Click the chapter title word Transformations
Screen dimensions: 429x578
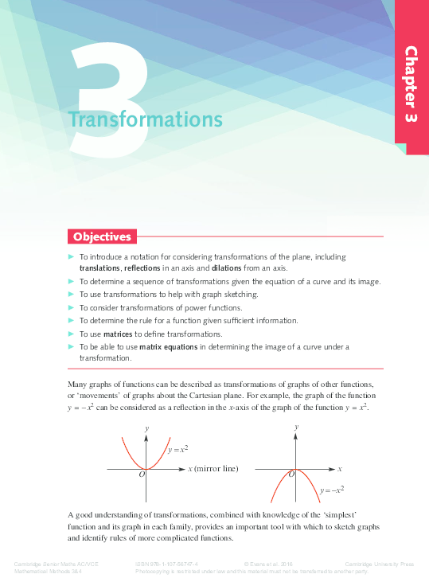145,119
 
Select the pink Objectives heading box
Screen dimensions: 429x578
102,236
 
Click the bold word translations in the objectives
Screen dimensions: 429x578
99,268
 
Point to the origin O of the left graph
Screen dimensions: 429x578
141,475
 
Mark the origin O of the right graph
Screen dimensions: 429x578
291,475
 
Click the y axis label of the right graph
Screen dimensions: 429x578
297,428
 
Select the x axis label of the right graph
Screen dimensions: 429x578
339,469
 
